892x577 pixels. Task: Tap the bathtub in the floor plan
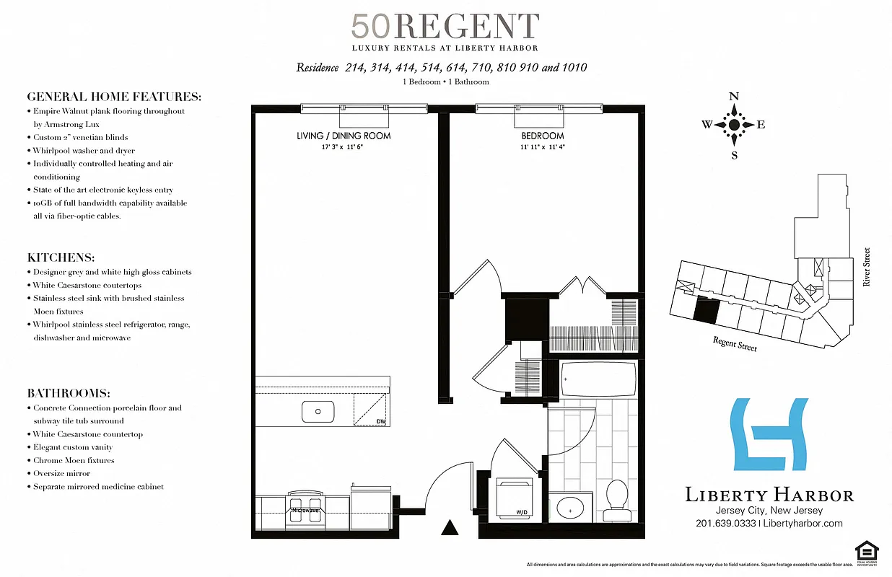598,379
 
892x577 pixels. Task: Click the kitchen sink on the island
318,413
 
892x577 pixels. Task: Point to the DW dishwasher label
380,421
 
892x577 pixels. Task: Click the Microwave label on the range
305,510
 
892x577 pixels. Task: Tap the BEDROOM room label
543,136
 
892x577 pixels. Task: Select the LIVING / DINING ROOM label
344,136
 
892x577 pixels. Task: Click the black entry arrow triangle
450,528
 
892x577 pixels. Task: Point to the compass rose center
734,125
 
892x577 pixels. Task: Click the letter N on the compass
734,97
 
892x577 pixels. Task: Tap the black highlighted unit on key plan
707,311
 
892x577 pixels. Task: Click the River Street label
867,268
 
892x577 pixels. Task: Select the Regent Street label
735,344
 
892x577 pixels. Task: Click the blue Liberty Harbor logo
768,434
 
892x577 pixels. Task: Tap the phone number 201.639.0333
726,524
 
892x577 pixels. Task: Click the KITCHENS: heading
61,257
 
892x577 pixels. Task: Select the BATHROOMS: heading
69,393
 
